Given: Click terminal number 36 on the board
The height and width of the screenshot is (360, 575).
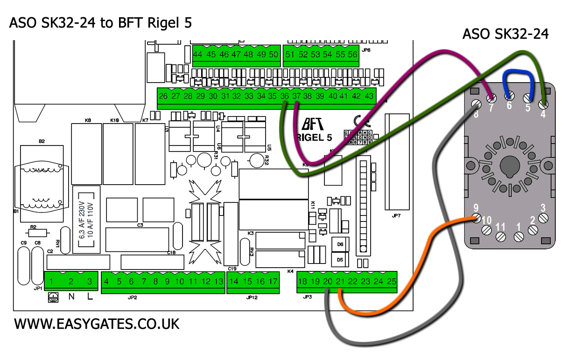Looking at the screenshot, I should pyautogui.click(x=285, y=96).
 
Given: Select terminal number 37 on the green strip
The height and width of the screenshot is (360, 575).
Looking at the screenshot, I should pyautogui.click(x=297, y=96).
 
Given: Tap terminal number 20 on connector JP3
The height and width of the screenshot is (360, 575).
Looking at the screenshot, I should pyautogui.click(x=328, y=281).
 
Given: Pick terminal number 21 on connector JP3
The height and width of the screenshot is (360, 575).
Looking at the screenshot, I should pyautogui.click(x=340, y=281).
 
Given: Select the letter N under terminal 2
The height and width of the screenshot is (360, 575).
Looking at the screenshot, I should pyautogui.click(x=71, y=296).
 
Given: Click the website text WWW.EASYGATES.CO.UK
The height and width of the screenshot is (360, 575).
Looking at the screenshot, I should pyautogui.click(x=97, y=324).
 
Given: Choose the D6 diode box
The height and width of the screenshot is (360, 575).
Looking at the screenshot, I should pyautogui.click(x=340, y=244).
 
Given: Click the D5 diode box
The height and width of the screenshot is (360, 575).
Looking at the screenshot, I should pyautogui.click(x=340, y=259).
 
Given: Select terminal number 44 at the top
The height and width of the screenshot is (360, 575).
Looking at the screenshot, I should pyautogui.click(x=198, y=55).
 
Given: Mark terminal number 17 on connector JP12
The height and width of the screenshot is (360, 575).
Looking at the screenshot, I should pyautogui.click(x=273, y=281).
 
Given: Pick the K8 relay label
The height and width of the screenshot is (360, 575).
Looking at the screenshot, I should pyautogui.click(x=88, y=120).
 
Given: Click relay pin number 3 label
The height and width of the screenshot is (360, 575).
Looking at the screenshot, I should pyautogui.click(x=543, y=208).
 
